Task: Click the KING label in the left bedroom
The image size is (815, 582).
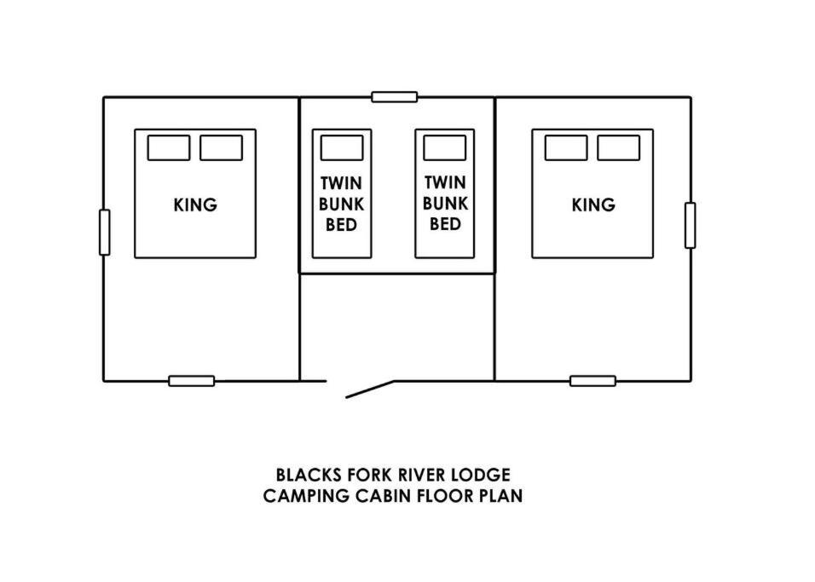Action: point(195,205)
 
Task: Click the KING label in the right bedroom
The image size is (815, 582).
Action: point(593,205)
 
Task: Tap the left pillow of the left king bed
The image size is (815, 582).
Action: point(169,148)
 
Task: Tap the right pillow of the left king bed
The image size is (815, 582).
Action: point(221,148)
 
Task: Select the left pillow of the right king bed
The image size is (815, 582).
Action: point(566,148)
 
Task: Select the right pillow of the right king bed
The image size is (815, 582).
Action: point(619,148)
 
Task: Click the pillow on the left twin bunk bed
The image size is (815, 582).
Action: point(342,148)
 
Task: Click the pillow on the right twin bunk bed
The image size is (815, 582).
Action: point(444,148)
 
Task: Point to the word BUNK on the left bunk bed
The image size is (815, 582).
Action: point(342,205)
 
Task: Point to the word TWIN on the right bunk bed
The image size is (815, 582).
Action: point(445,182)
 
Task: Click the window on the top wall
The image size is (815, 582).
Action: point(395,97)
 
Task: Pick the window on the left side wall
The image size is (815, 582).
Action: point(105,233)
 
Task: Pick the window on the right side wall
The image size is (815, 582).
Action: point(691,226)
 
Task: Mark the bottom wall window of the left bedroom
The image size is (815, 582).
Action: point(192,381)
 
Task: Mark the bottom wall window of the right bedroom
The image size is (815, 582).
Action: point(593,381)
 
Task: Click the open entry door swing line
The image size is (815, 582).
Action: point(369,389)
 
